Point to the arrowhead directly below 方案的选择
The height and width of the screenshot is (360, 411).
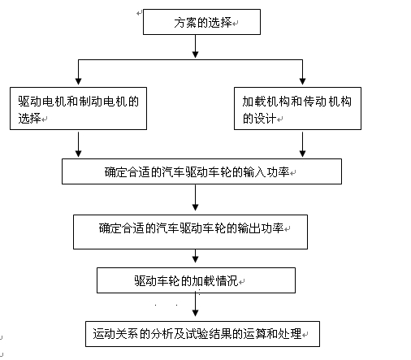tap(195, 54)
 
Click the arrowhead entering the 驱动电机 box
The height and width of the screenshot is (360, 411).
tap(78, 81)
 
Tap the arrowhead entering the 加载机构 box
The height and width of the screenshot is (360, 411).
tap(302, 81)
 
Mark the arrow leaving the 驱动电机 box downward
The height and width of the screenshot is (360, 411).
tap(78, 145)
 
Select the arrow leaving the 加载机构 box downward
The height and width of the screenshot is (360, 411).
tap(302, 145)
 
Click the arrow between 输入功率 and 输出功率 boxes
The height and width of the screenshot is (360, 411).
tap(195, 197)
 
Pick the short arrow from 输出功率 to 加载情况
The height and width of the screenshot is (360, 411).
tap(195, 256)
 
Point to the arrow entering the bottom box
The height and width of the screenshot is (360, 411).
tap(195, 304)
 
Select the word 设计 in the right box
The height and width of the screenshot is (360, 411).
tap(265, 119)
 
